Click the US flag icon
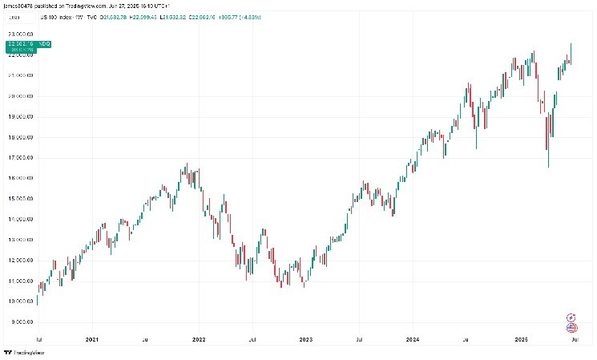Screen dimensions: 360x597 tap(571, 327)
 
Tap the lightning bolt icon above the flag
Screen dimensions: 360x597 tap(571, 318)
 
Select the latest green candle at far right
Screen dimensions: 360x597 tap(571, 53)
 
